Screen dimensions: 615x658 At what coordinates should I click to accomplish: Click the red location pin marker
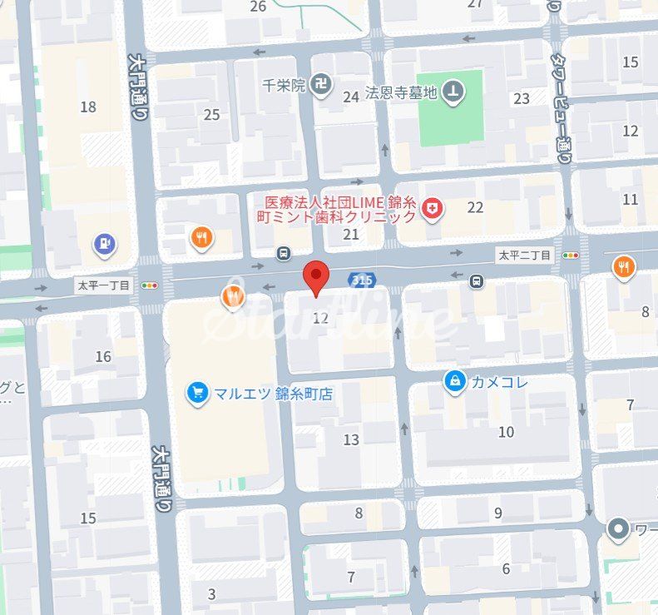tap(315, 277)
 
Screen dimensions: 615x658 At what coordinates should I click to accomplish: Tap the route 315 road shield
tap(361, 280)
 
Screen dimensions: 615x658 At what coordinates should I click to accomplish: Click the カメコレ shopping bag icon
tap(454, 382)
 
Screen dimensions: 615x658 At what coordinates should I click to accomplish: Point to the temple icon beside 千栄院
tap(324, 85)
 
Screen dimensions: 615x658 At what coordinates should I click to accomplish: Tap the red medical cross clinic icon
tap(432, 209)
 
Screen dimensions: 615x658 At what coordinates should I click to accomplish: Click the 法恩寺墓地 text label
tap(401, 93)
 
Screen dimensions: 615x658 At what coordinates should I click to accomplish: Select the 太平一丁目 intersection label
tap(103, 285)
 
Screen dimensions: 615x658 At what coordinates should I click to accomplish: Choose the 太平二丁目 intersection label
tap(525, 255)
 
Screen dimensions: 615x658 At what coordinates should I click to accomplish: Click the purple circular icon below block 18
tap(104, 245)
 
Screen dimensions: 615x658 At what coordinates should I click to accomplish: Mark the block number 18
tap(88, 107)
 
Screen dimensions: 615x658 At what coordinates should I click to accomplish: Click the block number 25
tap(211, 115)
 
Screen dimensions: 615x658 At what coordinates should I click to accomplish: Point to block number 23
tap(522, 99)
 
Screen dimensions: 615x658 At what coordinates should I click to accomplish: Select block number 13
tap(351, 439)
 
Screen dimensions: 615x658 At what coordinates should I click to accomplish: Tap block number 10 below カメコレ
tap(506, 432)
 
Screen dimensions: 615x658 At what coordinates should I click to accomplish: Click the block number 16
tap(103, 357)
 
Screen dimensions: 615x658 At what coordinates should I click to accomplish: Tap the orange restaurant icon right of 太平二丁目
tap(623, 267)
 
